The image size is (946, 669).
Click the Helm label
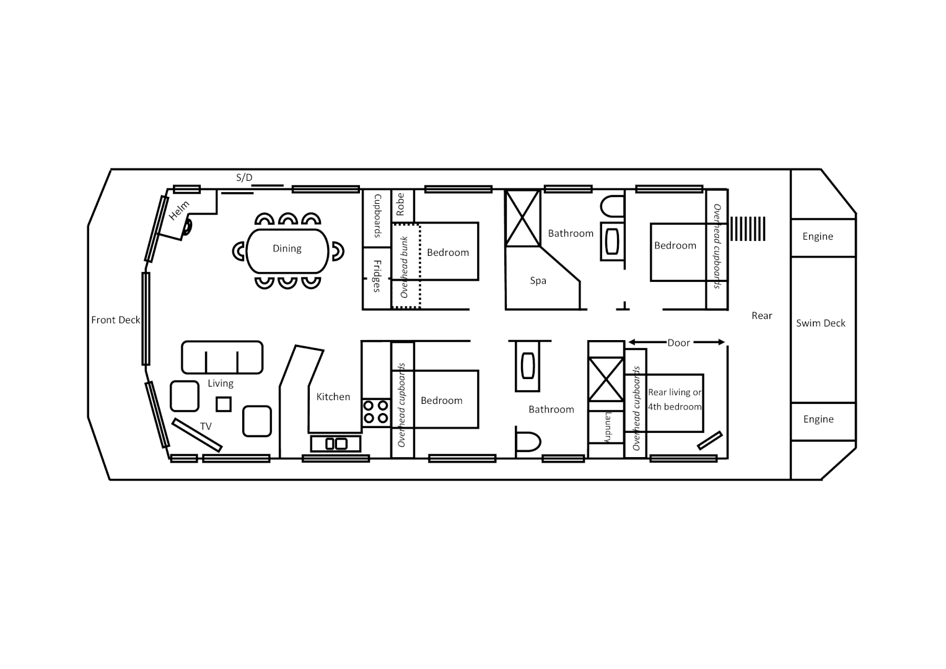pos(179,211)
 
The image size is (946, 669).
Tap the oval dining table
pos(287,250)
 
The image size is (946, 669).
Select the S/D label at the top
pos(244,178)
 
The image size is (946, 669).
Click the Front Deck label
pos(116,320)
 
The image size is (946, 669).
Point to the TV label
pos(206,426)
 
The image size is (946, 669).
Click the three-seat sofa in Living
pos(222,357)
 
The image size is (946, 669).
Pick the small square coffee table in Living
pos(224,404)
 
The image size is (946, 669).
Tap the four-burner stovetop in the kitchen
pos(375,412)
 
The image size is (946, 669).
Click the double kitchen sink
pos(336,444)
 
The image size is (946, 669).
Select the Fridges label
pos(377,276)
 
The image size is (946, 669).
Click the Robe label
pos(401,204)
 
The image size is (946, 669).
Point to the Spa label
pos(538,281)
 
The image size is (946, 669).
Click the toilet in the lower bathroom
pos(528,442)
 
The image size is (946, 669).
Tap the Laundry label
pos(607,427)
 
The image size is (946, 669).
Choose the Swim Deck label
pos(820,323)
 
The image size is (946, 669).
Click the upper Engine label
pos(818,237)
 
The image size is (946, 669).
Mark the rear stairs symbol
pos(748,229)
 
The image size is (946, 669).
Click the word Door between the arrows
pos(678,343)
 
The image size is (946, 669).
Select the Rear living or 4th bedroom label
pos(675,400)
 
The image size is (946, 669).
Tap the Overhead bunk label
pos(405,267)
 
